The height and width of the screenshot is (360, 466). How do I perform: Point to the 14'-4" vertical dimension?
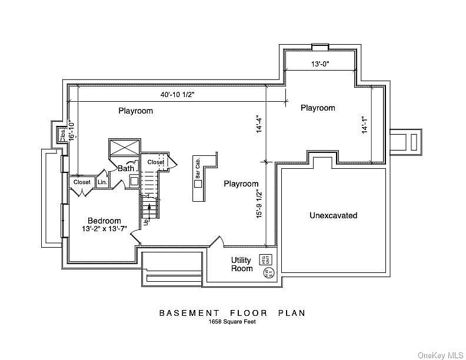[259, 124]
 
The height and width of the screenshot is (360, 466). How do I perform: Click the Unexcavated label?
[333, 215]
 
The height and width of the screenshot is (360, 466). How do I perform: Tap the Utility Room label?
[241, 264]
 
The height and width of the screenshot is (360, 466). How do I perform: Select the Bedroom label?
[105, 221]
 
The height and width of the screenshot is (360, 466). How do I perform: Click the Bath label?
[126, 168]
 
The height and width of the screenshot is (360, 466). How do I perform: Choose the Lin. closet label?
[102, 182]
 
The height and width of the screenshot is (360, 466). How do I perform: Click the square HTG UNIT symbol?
[272, 259]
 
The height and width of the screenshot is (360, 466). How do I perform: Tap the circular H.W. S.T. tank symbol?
[268, 272]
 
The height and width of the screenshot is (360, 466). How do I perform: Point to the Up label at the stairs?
[146, 222]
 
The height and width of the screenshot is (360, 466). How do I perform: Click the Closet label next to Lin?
[82, 182]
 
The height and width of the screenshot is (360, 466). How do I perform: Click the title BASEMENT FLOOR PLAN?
[232, 313]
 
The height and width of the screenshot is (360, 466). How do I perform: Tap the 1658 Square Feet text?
[232, 322]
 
